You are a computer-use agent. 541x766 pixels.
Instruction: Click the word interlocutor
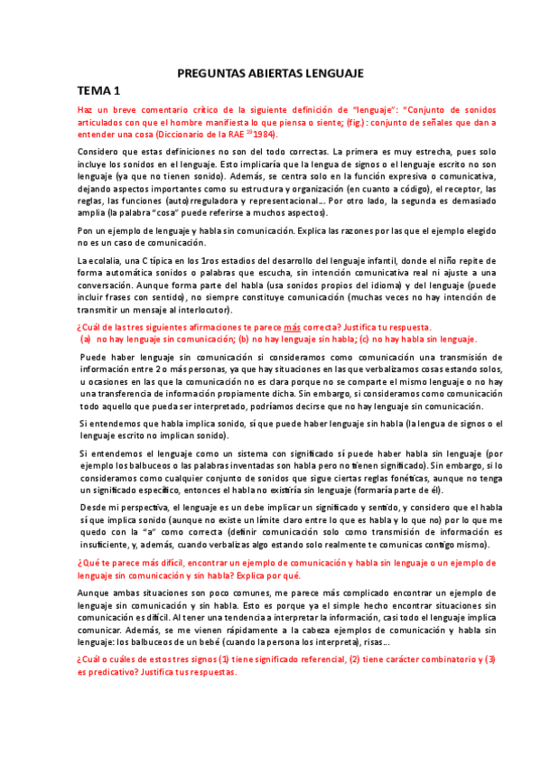point(205,310)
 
